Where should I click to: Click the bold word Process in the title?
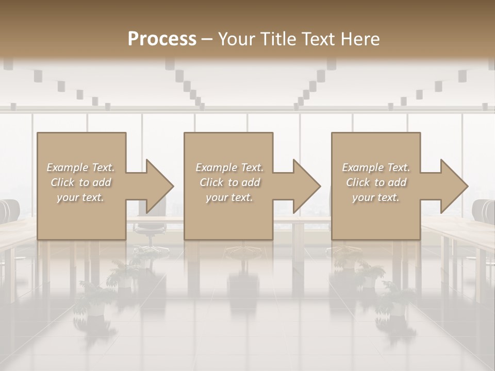162,39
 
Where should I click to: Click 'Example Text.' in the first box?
80,167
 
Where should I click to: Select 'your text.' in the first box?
80,197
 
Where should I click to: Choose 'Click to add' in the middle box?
229,182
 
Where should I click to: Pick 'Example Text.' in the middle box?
229,167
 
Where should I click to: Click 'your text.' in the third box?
376,197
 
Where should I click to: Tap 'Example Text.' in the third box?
376,167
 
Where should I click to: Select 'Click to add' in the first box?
80,182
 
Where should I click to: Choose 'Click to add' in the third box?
376,182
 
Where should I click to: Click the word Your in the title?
235,39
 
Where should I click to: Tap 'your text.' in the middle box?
229,197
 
